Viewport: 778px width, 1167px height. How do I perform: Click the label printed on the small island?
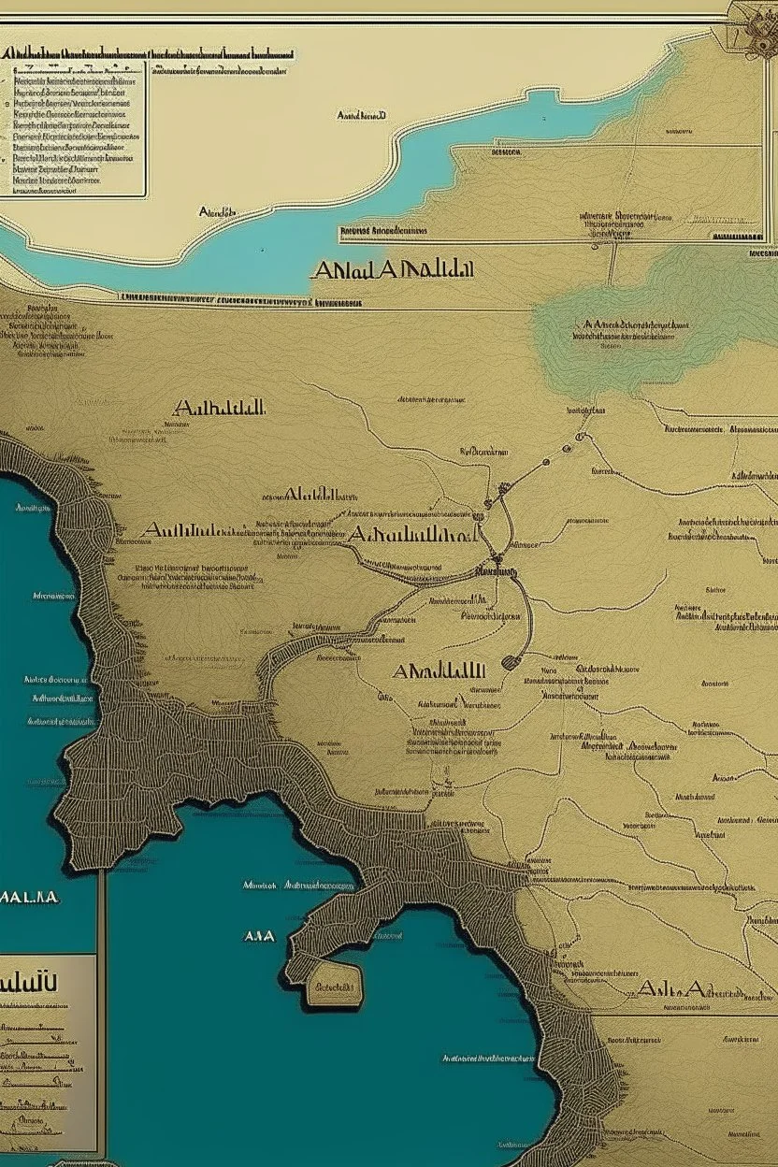click(x=335, y=987)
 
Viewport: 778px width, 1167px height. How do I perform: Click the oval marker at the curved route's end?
click(x=511, y=662)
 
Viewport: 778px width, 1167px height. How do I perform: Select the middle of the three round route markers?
click(x=566, y=449)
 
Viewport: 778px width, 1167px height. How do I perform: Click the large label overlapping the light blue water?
click(x=393, y=271)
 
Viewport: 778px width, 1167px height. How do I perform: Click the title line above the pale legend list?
click(x=150, y=55)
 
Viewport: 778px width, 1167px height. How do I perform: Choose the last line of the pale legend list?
click(x=42, y=189)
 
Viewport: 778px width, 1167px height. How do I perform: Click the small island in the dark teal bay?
click(x=334, y=987)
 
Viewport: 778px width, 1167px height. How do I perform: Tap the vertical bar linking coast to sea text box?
click(x=101, y=912)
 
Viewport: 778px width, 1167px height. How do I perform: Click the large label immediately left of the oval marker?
click(x=439, y=671)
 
